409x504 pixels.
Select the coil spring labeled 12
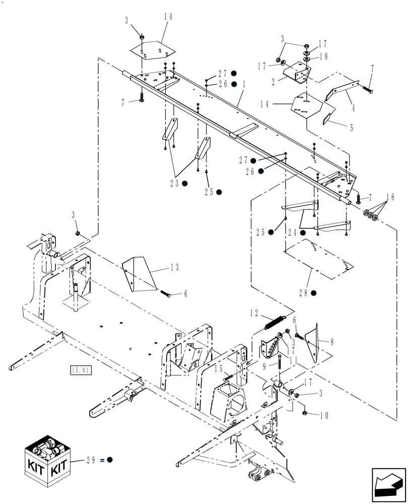pyautogui.click(x=275, y=322)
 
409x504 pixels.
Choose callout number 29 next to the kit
pyautogui.click(x=92, y=460)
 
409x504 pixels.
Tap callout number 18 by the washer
pyautogui.click(x=323, y=57)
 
